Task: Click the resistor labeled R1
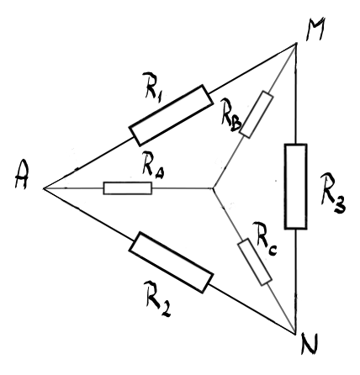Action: [171, 115]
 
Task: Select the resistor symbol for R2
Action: [171, 262]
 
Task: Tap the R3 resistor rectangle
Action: [295, 187]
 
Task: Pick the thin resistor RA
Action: [128, 188]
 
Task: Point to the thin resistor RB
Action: [257, 114]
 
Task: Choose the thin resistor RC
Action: [255, 262]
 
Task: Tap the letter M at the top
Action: [315, 29]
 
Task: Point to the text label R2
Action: [157, 298]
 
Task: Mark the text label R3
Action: [334, 193]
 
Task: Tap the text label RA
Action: [153, 166]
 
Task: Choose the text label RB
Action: [230, 115]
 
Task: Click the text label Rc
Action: [265, 239]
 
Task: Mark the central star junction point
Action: [213, 188]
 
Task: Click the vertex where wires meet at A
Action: [44, 188]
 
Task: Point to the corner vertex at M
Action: [296, 43]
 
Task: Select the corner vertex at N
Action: [296, 334]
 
